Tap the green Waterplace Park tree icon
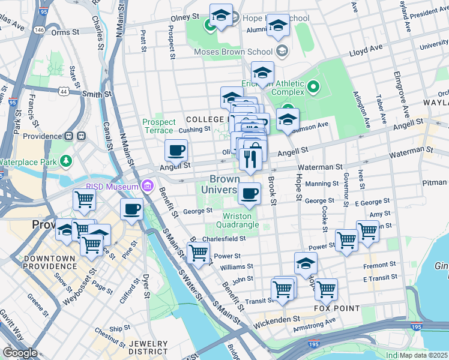click(x=64, y=161)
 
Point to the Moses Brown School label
click(x=236, y=52)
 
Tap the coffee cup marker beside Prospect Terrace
click(x=176, y=151)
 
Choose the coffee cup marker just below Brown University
click(x=249, y=194)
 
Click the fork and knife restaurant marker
click(x=249, y=160)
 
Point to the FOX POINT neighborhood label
click(x=337, y=308)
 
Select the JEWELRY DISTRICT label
click(x=148, y=347)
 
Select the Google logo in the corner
click(x=20, y=353)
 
